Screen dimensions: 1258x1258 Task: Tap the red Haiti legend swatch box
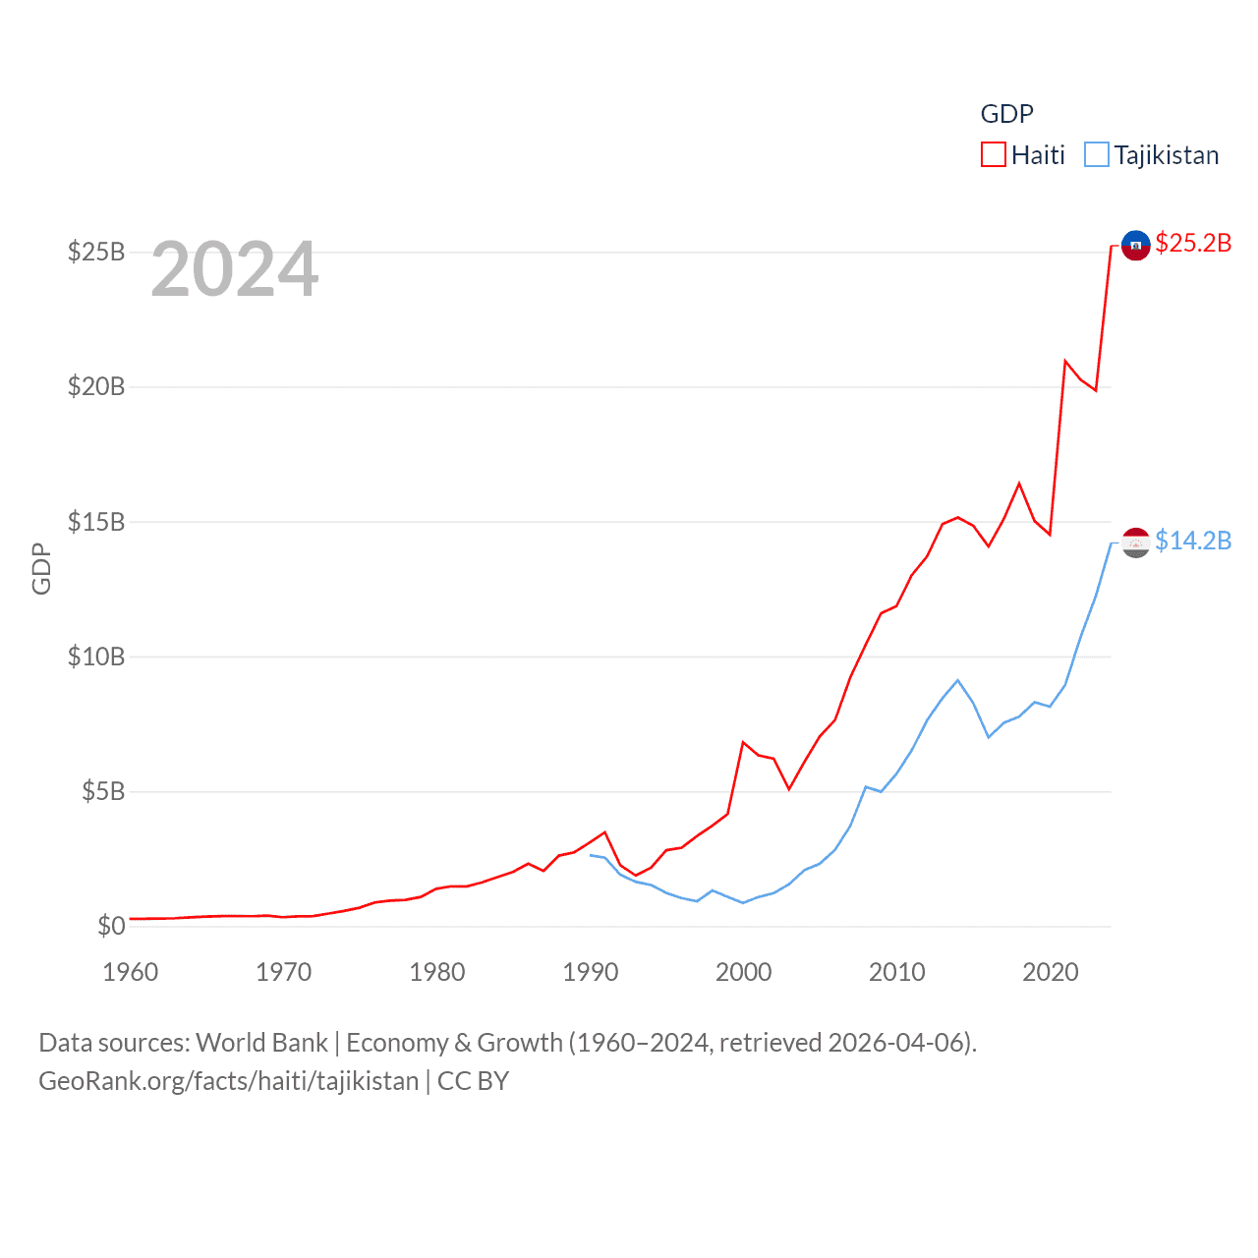[994, 155]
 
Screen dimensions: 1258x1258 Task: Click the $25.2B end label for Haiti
[1193, 243]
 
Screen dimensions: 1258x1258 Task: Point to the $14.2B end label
[1193, 541]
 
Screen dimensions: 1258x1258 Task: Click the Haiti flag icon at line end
[1135, 246]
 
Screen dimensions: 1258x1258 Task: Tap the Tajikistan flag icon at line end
[1135, 543]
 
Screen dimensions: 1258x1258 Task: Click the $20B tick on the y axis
[96, 386]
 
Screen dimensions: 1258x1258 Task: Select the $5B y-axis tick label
[103, 791]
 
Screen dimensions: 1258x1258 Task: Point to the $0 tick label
[111, 926]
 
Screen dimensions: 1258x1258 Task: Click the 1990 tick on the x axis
[590, 972]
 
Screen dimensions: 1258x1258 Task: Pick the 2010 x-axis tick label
[896, 972]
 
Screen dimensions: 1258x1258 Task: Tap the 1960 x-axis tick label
[131, 972]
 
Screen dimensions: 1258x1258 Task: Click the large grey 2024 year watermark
[235, 269]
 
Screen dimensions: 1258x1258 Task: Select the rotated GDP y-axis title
[41, 568]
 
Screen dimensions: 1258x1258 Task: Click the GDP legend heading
[1006, 114]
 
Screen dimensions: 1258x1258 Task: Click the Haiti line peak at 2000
[743, 742]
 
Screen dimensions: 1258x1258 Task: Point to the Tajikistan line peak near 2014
[957, 680]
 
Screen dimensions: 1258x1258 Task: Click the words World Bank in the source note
[261, 1042]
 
